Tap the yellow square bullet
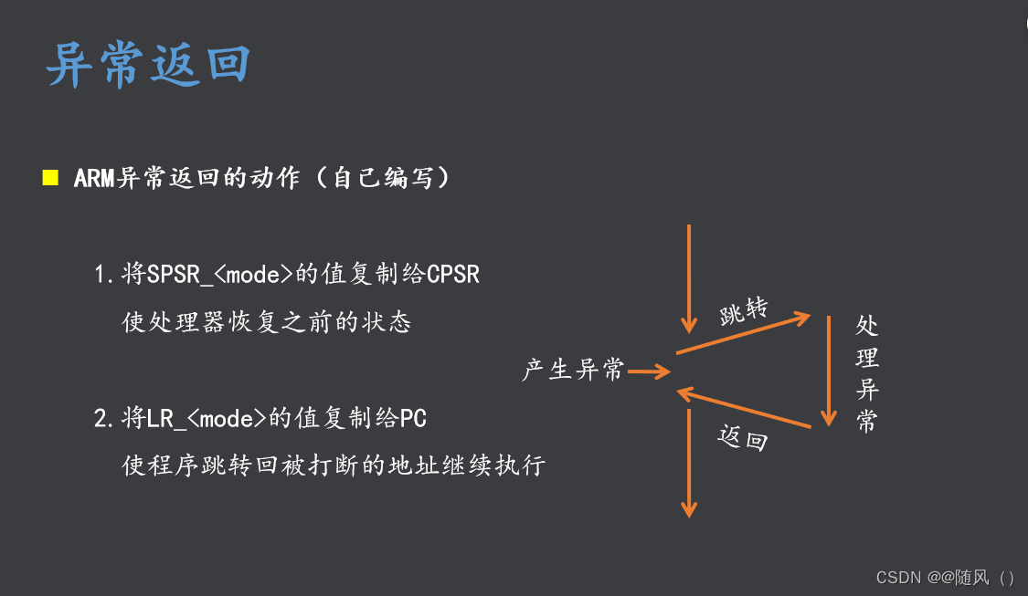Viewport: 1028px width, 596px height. [x=50, y=177]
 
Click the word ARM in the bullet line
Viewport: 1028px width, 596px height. [x=94, y=178]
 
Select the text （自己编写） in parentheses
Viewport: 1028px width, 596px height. [x=382, y=178]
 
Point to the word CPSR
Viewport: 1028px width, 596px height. [x=453, y=274]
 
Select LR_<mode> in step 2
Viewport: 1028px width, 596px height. [x=207, y=419]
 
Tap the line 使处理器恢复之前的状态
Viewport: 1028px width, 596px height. [x=267, y=322]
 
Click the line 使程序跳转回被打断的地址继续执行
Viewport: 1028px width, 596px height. [x=334, y=466]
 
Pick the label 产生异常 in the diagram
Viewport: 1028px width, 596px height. [x=573, y=371]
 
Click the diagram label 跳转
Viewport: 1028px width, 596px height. [x=743, y=313]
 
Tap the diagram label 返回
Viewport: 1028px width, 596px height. [x=741, y=439]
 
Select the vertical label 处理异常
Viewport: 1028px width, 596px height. [x=867, y=374]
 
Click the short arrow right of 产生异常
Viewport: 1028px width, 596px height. [x=650, y=371]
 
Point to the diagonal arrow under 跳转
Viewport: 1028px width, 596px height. [x=743, y=335]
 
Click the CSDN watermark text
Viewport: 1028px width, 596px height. [x=945, y=578]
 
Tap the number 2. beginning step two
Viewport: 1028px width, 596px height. [x=103, y=419]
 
